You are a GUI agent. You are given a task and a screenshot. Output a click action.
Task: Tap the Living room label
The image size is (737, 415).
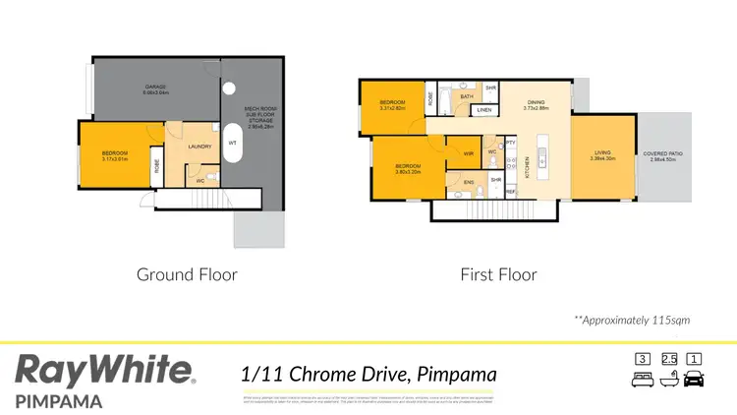(604, 155)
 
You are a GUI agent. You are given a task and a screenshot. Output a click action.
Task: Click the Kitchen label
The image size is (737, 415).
(530, 167)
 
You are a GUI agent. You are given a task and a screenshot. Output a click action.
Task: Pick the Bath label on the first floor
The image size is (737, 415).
(468, 96)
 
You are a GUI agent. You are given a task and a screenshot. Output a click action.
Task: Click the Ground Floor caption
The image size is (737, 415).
(187, 274)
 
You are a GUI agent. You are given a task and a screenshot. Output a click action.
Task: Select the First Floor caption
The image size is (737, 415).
(498, 274)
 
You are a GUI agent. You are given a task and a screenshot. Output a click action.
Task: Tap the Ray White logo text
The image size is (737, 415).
(103, 372)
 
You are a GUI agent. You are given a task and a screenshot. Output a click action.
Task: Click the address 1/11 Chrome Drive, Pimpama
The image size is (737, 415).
(368, 374)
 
